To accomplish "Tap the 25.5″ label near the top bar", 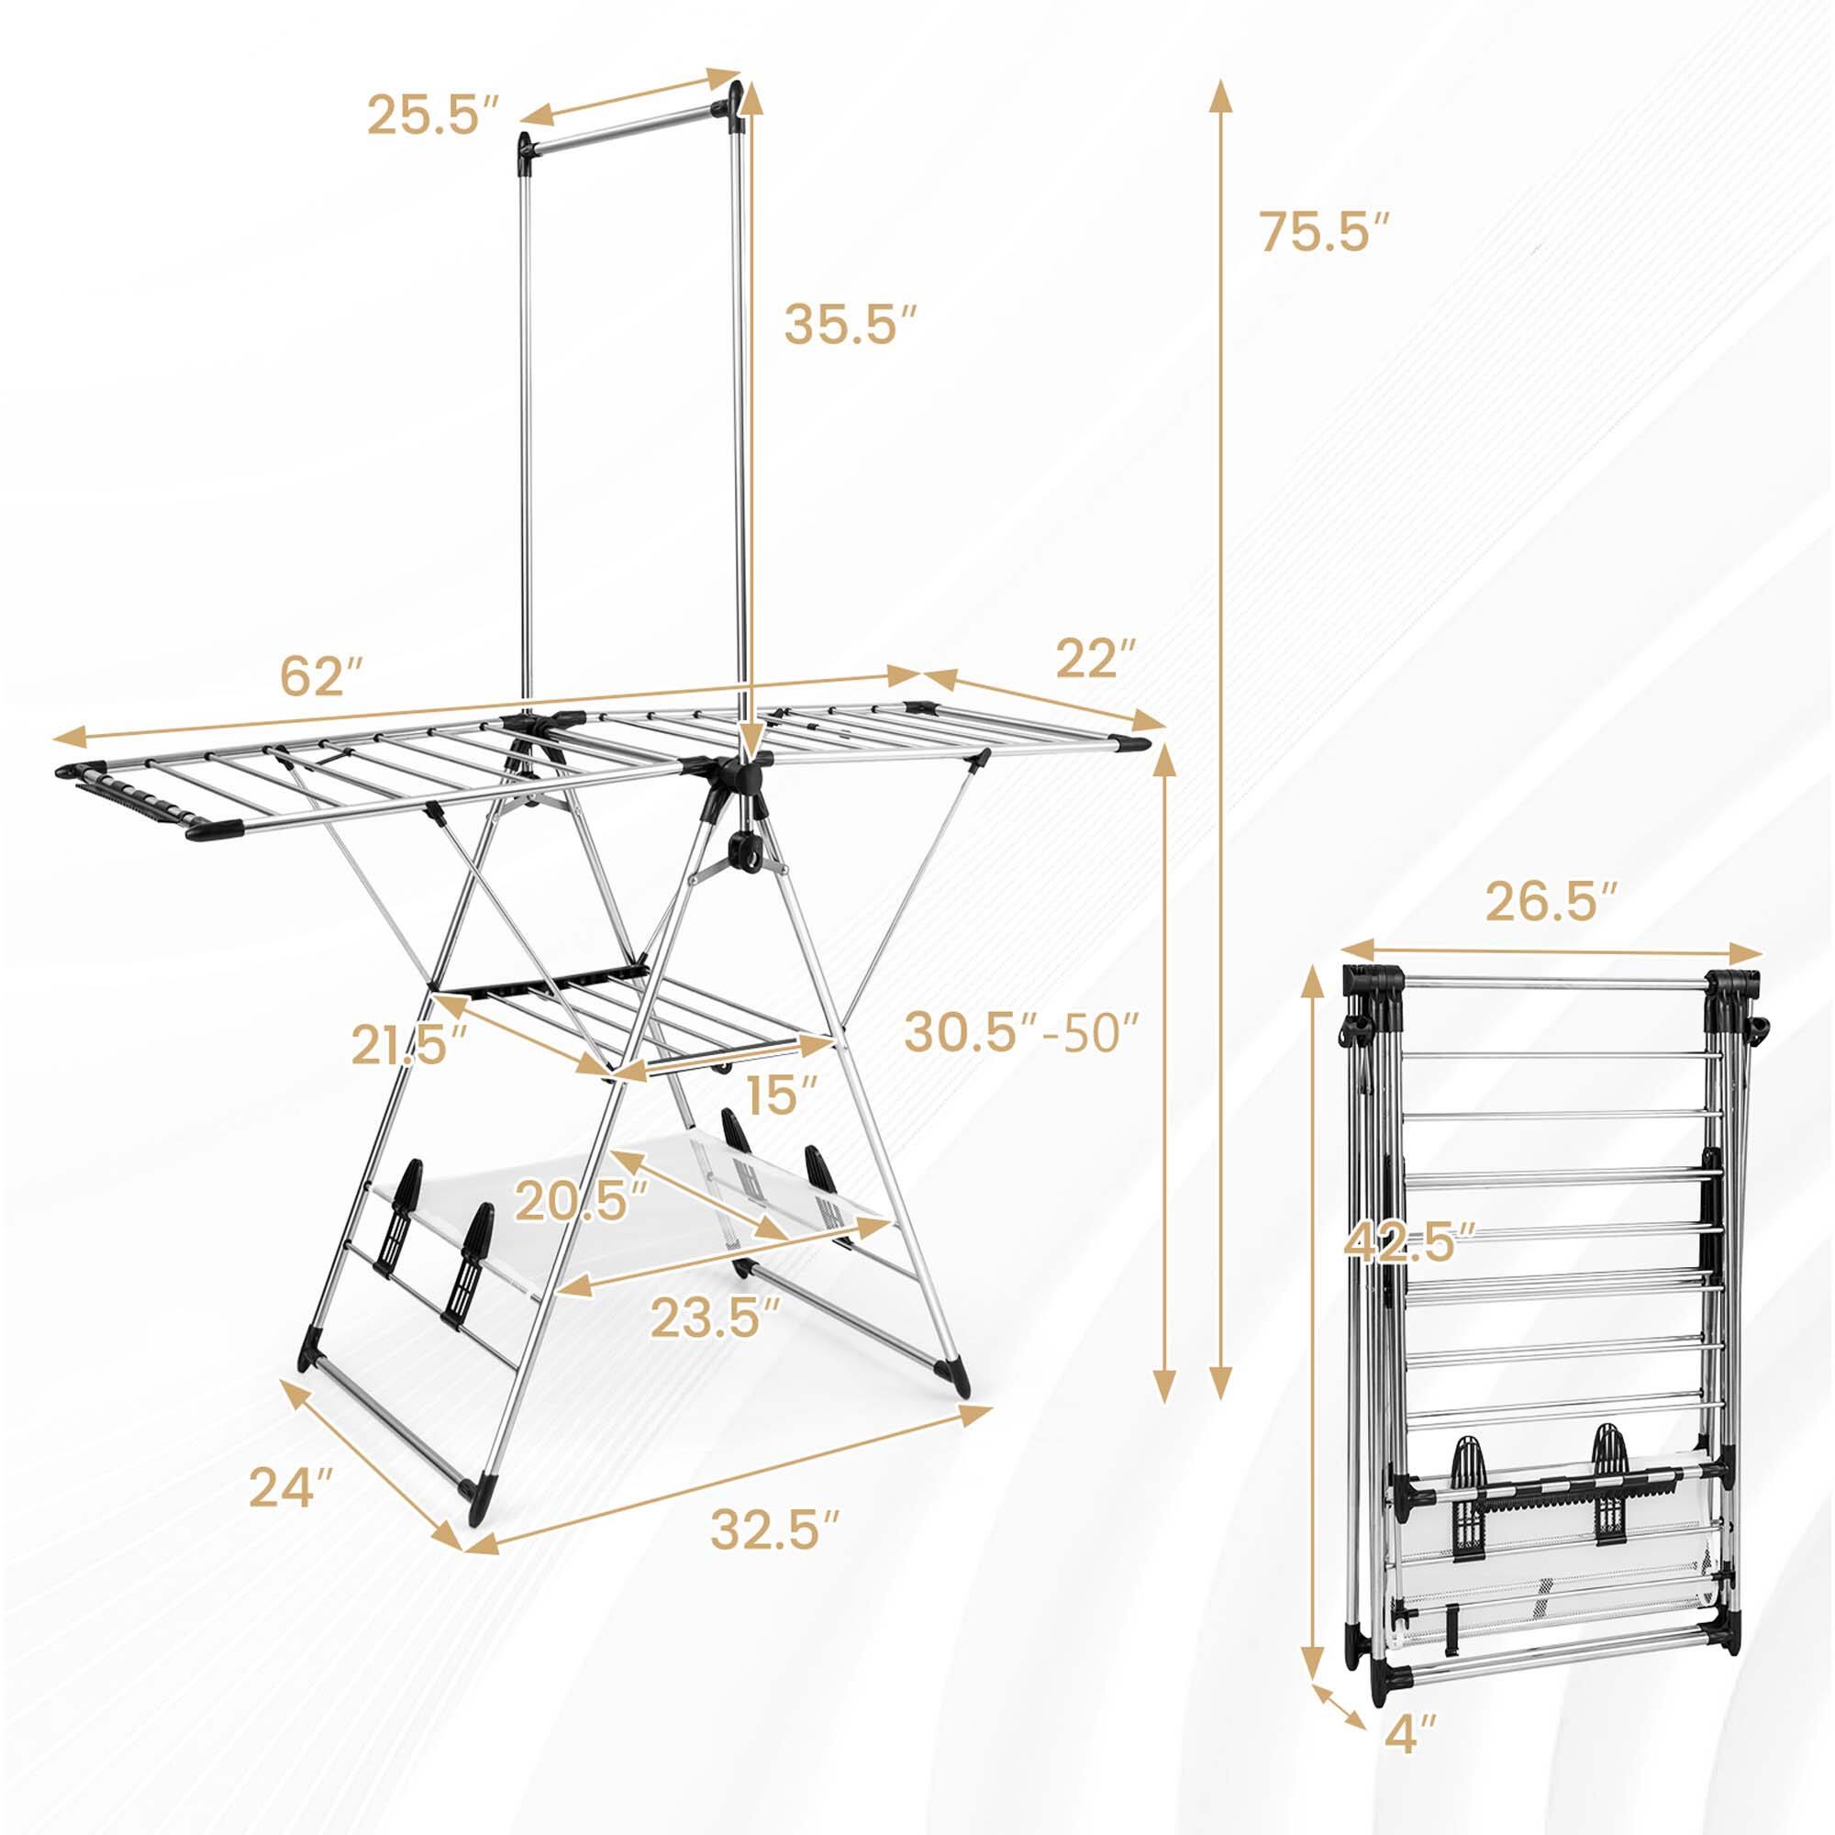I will point(432,116).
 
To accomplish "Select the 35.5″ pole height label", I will point(851,325).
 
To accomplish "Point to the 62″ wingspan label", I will point(321,677).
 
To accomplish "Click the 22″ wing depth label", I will point(1096,658).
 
